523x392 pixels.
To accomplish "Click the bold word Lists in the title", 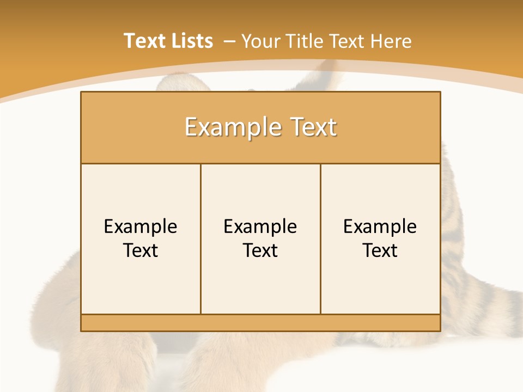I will click(x=191, y=41).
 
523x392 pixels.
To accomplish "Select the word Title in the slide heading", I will click(x=307, y=41).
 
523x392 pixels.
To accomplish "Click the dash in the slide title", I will click(x=229, y=41).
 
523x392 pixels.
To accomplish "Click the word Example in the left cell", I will click(x=141, y=226).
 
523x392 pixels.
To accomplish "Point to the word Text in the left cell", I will click(x=141, y=250).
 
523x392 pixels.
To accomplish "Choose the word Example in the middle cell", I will click(x=260, y=226).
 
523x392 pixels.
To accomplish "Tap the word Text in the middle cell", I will click(x=260, y=250).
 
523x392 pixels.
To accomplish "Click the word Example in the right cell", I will click(x=380, y=226).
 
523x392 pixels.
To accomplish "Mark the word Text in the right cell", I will click(x=380, y=250).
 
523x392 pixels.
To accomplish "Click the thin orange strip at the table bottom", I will click(x=260, y=323).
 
